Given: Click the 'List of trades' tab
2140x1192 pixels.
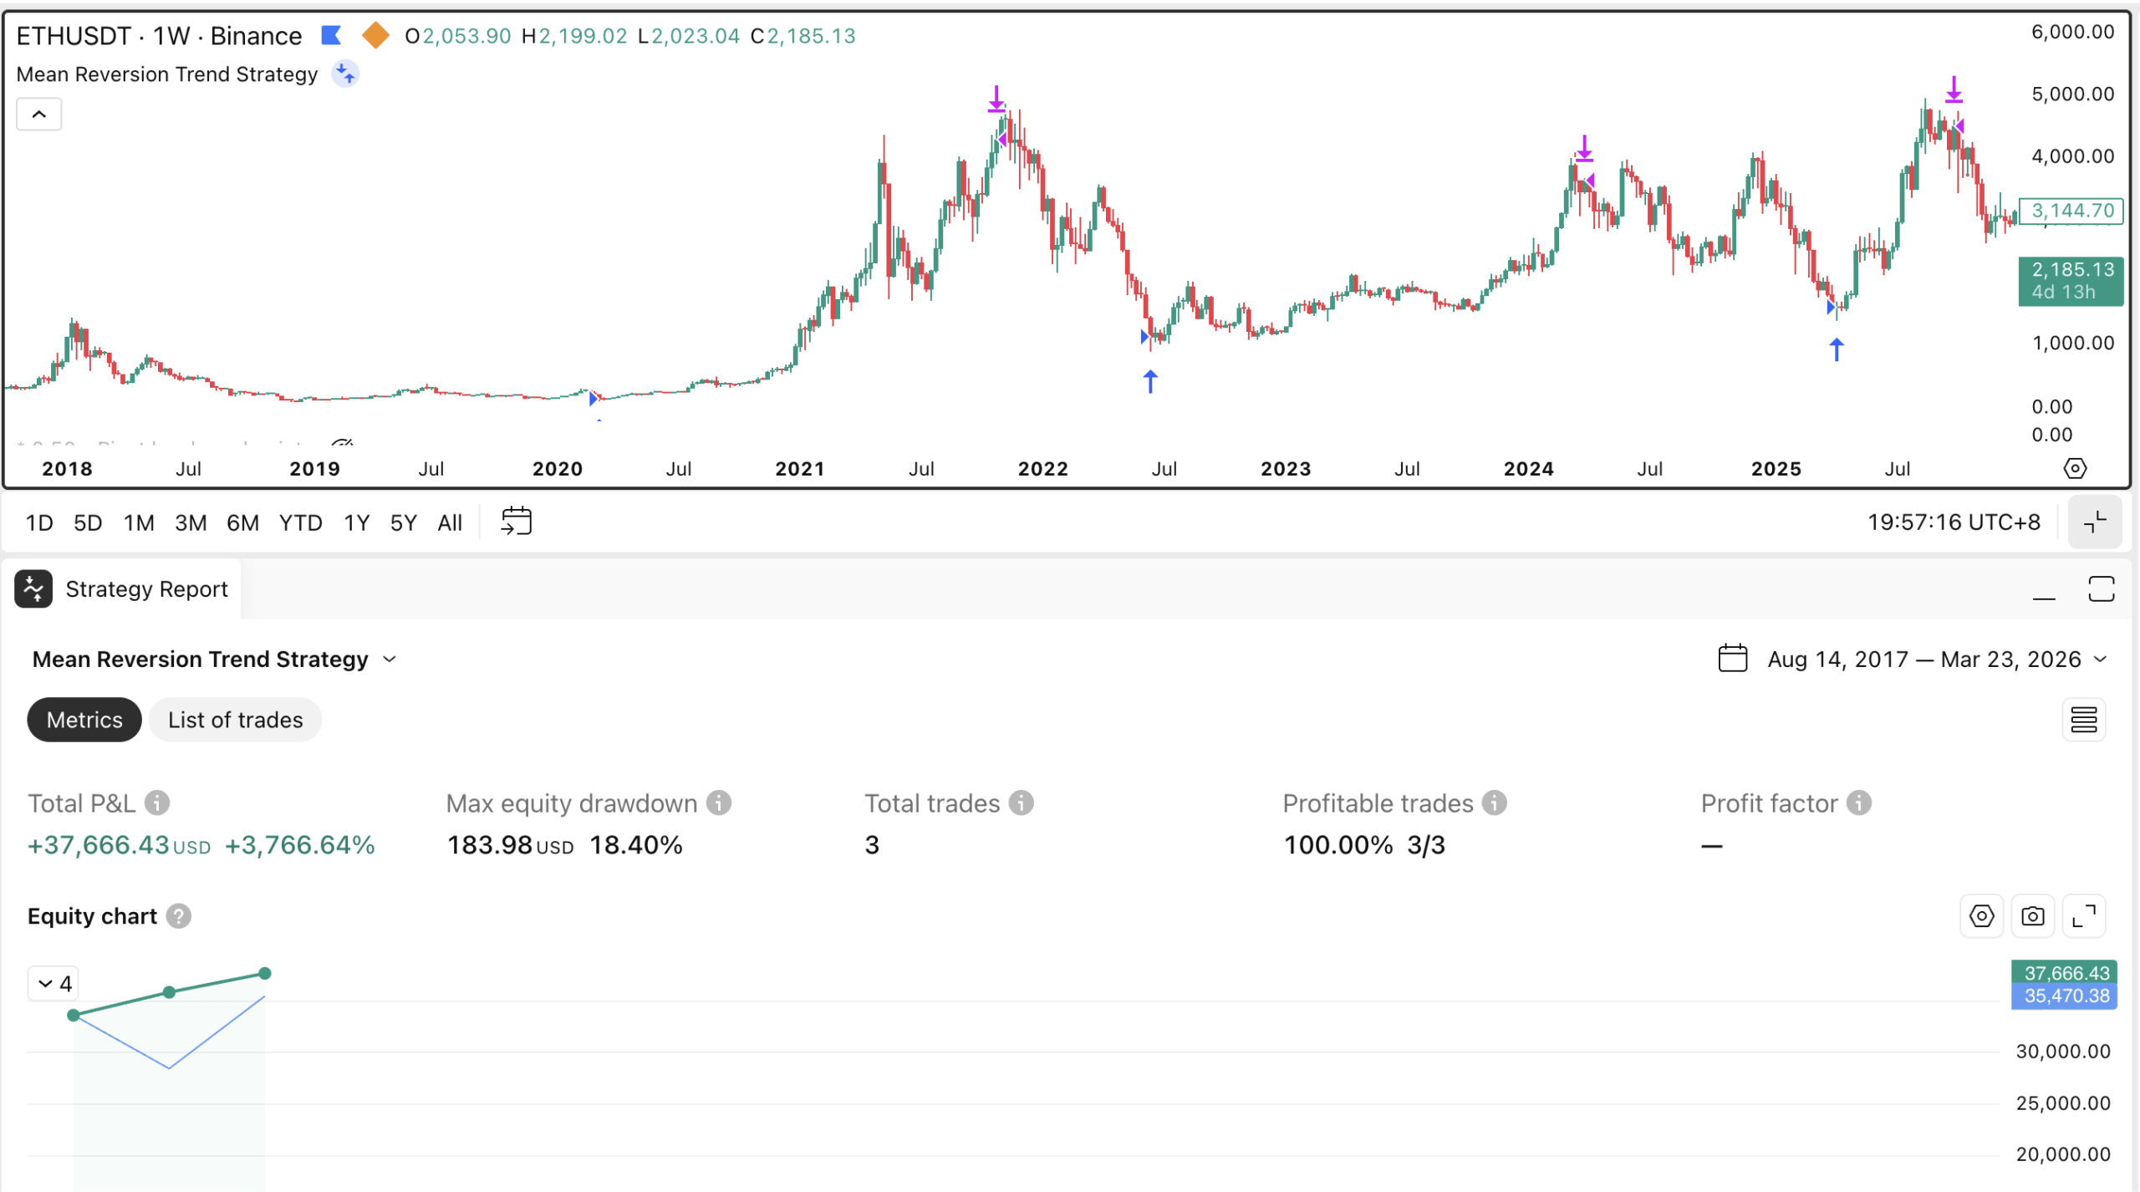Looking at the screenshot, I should point(235,720).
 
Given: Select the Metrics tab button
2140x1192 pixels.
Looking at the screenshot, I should point(84,720).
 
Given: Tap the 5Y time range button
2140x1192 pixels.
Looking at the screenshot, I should point(403,523).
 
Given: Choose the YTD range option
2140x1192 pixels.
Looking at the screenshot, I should point(300,523).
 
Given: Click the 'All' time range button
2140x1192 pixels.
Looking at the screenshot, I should point(450,523).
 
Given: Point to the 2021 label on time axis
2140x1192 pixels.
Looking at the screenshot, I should point(799,469).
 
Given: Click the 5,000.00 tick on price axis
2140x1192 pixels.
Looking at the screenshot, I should point(2072,94).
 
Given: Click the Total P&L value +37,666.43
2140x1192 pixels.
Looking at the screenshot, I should point(99,845).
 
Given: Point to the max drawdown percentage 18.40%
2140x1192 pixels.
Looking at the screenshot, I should point(636,845).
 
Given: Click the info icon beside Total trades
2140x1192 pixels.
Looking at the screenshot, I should point(1021,803).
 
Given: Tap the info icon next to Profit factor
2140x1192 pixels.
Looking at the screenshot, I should point(1858,803).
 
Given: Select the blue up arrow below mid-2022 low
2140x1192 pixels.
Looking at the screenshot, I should point(1150,382).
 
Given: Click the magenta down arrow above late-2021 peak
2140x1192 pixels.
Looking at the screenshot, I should point(996,99).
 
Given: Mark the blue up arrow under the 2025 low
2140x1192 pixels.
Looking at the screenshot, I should point(1837,349).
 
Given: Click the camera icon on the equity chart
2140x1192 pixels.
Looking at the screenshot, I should point(2033,916).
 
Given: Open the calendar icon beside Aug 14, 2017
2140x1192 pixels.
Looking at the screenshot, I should point(1732,659).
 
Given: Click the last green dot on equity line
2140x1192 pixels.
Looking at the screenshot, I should point(265,973).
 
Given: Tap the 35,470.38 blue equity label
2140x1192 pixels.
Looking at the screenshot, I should point(2064,996).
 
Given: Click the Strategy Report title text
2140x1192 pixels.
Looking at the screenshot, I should point(146,589).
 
